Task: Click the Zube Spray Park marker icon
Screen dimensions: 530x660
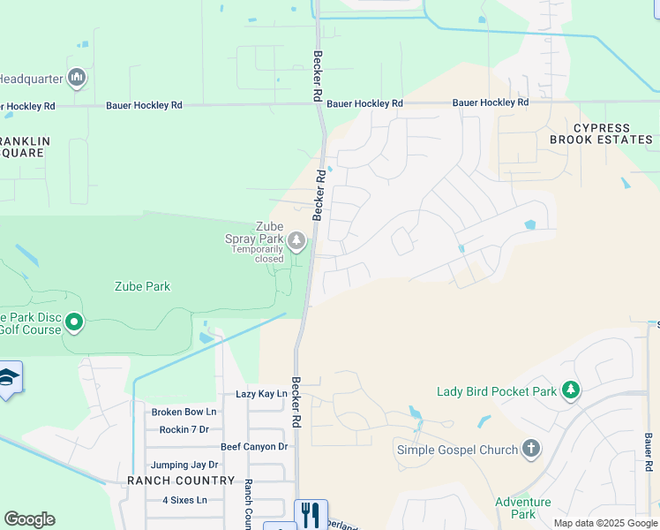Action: click(297, 240)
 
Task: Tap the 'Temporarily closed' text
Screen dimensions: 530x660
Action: click(258, 254)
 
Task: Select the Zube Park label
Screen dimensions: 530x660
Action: click(142, 286)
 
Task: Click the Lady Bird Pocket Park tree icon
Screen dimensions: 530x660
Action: click(571, 390)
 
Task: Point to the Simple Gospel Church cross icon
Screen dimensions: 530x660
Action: click(530, 449)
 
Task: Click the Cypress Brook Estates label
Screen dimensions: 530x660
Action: click(602, 134)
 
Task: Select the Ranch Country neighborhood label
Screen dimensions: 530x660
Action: click(181, 481)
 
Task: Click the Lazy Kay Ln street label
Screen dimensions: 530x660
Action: click(261, 394)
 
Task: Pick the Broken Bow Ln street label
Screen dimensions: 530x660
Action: click(184, 412)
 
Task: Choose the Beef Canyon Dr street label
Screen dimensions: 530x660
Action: click(254, 447)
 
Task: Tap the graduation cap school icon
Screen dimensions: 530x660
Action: click(7, 377)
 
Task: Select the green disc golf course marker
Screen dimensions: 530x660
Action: click(74, 322)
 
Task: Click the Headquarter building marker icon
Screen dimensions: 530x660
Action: click(77, 79)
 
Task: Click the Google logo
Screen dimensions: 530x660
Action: click(29, 519)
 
